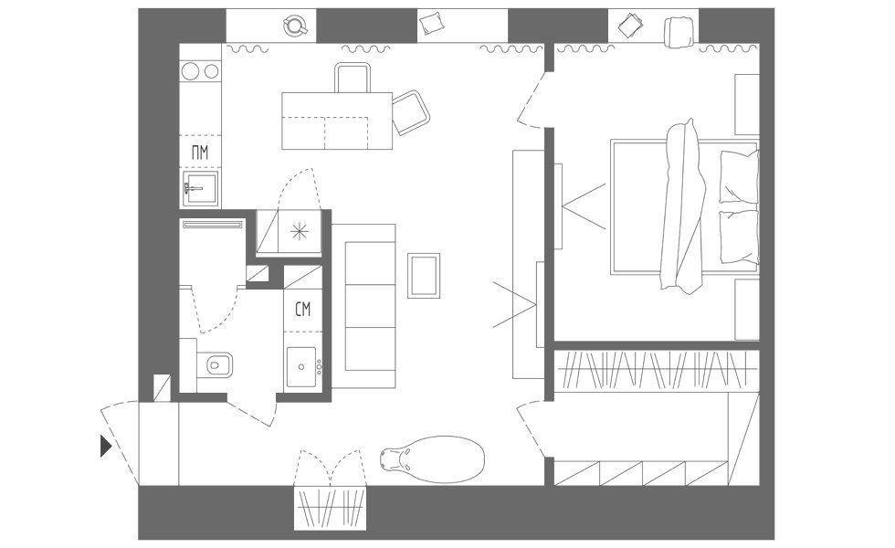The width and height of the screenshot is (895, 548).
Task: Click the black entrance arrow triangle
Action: [x=105, y=446]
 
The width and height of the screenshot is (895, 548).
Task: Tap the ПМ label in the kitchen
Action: [x=200, y=153]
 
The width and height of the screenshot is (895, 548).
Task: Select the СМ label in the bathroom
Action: [x=303, y=310]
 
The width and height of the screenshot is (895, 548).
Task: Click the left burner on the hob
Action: [x=191, y=71]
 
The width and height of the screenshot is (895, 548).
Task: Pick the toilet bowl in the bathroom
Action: [x=215, y=364]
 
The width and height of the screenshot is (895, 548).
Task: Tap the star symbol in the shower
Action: [x=298, y=231]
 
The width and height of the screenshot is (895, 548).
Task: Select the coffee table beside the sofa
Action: [x=424, y=276]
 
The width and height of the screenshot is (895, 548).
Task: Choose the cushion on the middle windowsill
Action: [x=431, y=24]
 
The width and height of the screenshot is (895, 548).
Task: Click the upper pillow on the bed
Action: [x=739, y=176]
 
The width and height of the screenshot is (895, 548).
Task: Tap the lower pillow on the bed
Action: [x=739, y=237]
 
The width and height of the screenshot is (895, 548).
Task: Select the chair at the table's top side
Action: [x=353, y=78]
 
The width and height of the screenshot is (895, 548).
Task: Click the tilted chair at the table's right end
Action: [x=410, y=112]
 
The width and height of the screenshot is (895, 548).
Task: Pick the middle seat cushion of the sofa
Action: [x=371, y=307]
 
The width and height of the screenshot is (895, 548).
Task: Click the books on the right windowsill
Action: [x=630, y=26]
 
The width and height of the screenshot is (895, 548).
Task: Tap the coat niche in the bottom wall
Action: [x=330, y=508]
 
